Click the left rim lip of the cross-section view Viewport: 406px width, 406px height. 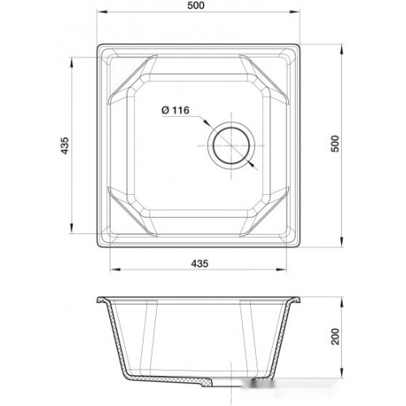[x=100, y=301]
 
